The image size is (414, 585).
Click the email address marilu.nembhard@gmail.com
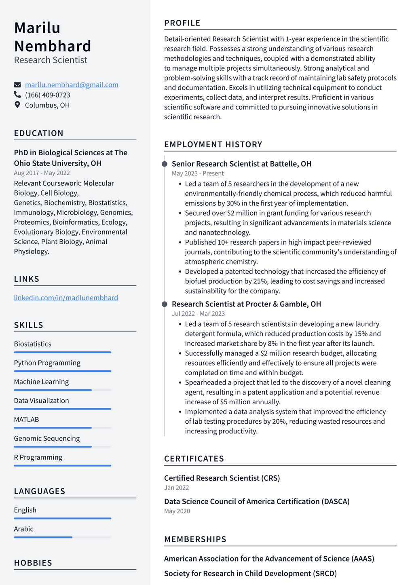[72, 85]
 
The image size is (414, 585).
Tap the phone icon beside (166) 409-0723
[17, 95]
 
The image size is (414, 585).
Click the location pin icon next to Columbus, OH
[17, 105]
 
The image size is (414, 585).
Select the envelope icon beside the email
[17, 85]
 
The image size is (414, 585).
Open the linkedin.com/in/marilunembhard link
[66, 298]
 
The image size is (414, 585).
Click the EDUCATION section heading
[39, 133]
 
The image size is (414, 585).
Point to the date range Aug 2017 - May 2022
[42, 173]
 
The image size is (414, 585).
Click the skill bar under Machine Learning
[62, 390]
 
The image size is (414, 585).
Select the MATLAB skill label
[27, 420]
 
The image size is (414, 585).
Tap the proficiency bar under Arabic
[62, 537]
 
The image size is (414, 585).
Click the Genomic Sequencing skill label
[47, 439]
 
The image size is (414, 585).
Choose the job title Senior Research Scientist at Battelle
[241, 164]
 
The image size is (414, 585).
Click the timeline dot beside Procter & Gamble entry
[165, 304]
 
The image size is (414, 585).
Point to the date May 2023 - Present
[198, 173]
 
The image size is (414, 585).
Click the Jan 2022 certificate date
[177, 488]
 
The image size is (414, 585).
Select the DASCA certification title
[257, 501]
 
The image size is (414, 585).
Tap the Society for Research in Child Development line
[250, 573]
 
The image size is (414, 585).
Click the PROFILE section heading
[182, 23]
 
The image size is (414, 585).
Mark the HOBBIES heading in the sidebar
[33, 563]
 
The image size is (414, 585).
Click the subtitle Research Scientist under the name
[51, 60]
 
